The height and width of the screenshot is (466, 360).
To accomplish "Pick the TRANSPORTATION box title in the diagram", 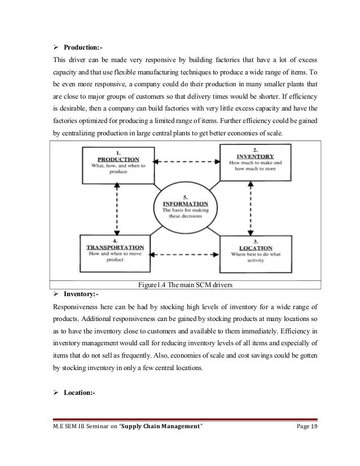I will click(115, 247).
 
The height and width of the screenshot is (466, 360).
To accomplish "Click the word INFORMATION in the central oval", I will click(185, 203).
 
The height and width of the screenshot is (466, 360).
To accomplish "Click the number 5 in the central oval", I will click(185, 196).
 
